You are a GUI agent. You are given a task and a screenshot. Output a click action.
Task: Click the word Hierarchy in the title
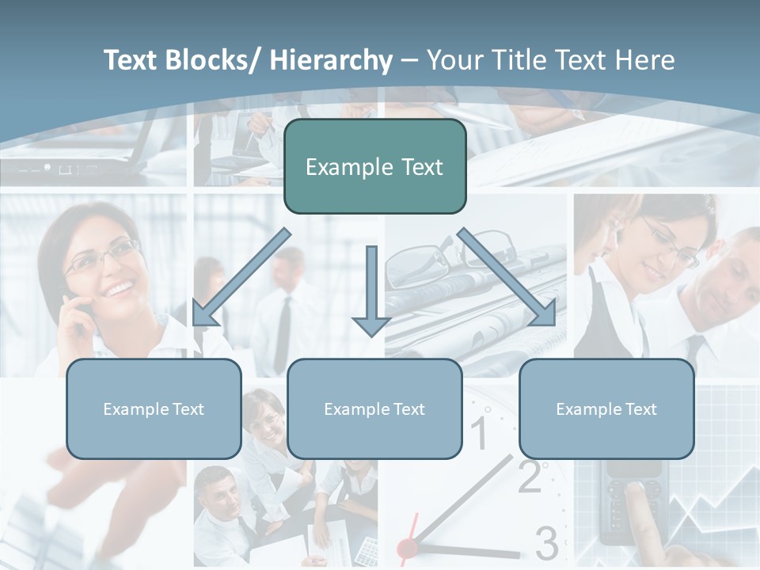331,60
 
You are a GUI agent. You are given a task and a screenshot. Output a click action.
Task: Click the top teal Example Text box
374,166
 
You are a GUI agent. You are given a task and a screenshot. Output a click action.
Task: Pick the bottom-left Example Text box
154,408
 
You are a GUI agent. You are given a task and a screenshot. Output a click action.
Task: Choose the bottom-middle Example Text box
374,408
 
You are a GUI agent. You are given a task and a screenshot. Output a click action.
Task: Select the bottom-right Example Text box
606,408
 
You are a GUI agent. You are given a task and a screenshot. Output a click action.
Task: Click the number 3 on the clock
546,543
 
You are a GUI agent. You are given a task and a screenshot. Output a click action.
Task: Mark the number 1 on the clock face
480,432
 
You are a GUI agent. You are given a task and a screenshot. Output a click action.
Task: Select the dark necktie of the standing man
283,332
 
